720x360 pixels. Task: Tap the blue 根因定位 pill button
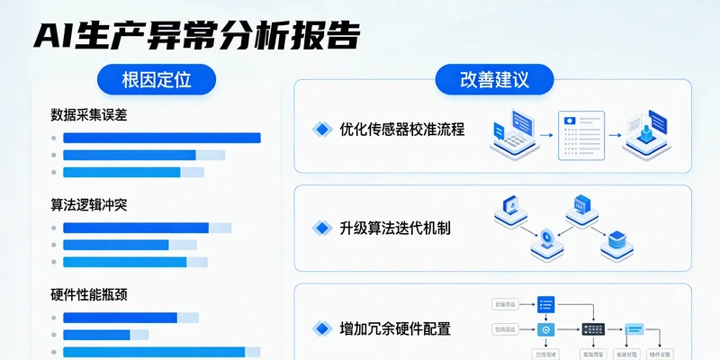tap(157, 79)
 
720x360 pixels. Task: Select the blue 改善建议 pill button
tap(494, 79)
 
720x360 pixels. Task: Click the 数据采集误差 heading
tap(95, 115)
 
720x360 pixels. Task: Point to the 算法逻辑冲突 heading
tap(89, 204)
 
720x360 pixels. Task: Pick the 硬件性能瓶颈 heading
tap(89, 294)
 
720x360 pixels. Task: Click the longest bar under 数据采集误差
tap(161, 138)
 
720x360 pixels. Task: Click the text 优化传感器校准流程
tap(402, 129)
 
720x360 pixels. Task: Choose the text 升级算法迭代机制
tap(395, 228)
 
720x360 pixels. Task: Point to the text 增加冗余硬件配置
tap(395, 328)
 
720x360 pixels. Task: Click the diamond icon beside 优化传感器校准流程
tap(321, 129)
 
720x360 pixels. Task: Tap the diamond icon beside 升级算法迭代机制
tap(321, 228)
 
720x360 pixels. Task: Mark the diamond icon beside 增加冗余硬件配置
tap(321, 328)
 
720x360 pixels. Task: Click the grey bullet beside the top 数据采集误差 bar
tap(54, 138)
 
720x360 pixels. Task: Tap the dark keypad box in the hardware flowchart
tap(592, 329)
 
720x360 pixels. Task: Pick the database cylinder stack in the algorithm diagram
tap(617, 239)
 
